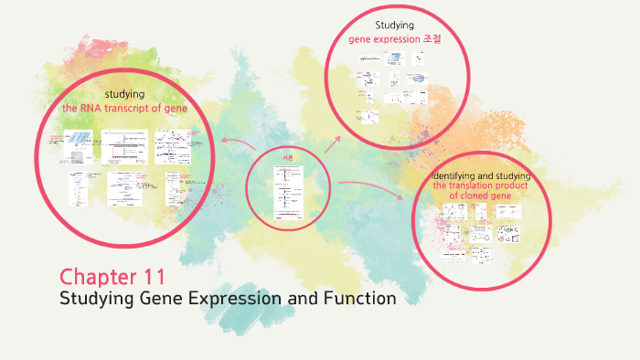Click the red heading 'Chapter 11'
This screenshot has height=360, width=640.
pos(112,276)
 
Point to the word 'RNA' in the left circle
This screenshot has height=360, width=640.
pos(95,108)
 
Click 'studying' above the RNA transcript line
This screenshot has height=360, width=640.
pos(124,94)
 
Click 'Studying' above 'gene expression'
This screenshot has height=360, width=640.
pos(395,25)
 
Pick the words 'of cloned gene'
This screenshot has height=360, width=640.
pos(481,196)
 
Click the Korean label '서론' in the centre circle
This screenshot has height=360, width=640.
pos(286,156)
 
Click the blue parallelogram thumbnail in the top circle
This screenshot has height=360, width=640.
pos(395,58)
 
